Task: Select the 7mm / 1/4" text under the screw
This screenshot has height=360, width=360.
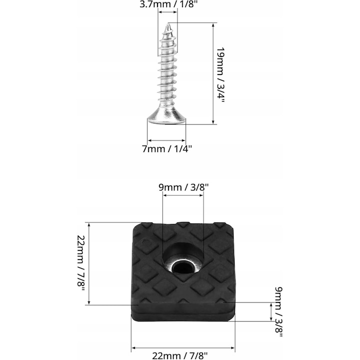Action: (x=166, y=148)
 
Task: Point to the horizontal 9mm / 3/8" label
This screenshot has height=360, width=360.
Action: (x=183, y=187)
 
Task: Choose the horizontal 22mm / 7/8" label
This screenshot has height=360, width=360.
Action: (x=183, y=355)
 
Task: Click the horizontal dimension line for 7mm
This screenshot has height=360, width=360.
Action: (x=166, y=140)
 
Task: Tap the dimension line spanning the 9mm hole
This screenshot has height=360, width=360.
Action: (x=183, y=195)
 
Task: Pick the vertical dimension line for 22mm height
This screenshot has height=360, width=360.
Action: (x=89, y=263)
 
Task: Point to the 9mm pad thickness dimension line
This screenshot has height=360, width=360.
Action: (x=270, y=312)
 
